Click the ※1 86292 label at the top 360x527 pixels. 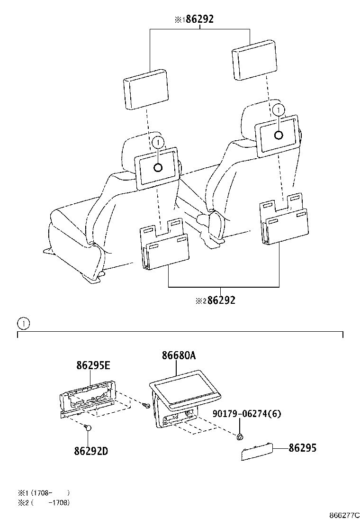point(194,19)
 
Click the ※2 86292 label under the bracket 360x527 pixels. point(216,300)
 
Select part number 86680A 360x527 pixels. point(179,355)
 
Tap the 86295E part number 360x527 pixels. point(93,365)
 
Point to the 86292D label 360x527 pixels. point(91,451)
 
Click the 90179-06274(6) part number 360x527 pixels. point(247,413)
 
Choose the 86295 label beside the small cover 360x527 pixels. point(303,448)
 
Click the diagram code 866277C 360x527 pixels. point(344,515)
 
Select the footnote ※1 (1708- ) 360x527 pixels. point(44,493)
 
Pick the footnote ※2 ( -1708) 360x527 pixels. point(44,503)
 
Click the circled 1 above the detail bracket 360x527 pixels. point(24,324)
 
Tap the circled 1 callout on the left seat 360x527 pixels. point(158,143)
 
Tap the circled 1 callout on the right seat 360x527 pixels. point(279,110)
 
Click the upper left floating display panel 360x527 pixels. point(145,89)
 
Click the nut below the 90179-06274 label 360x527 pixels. point(239,436)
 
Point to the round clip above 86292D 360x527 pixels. point(88,427)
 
